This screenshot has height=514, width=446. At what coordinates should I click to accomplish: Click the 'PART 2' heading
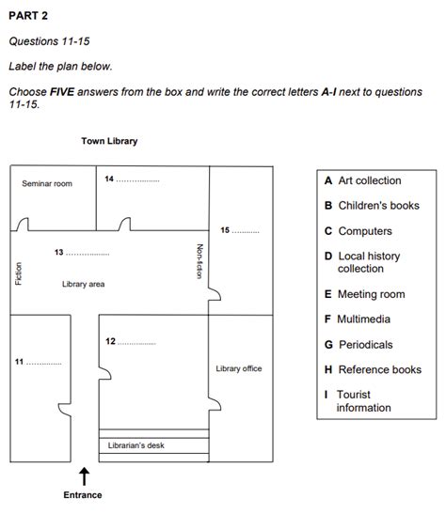tap(28, 16)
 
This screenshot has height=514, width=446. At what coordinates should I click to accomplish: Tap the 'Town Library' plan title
tap(109, 141)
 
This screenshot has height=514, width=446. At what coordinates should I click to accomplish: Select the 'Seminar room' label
tap(47, 183)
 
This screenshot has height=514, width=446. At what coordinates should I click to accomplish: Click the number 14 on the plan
tap(109, 179)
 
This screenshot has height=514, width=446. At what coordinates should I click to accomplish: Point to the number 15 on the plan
tap(225, 230)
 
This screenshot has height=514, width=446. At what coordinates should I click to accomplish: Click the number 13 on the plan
tap(58, 253)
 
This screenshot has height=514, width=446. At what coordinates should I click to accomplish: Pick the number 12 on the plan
tap(111, 341)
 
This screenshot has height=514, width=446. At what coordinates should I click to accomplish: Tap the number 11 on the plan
tap(19, 362)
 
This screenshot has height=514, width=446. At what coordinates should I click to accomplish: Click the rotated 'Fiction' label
tap(18, 273)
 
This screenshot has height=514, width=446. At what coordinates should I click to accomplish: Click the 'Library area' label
tap(83, 283)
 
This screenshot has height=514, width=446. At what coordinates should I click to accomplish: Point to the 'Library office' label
tap(239, 368)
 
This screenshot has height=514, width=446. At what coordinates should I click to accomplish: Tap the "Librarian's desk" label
tap(135, 444)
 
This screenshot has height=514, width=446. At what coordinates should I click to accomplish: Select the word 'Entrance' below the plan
tap(83, 494)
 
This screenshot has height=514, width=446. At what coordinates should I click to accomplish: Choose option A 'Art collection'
tap(362, 180)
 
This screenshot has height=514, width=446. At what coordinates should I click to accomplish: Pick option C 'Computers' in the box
tap(358, 231)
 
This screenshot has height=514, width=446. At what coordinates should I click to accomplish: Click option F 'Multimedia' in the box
tap(358, 319)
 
